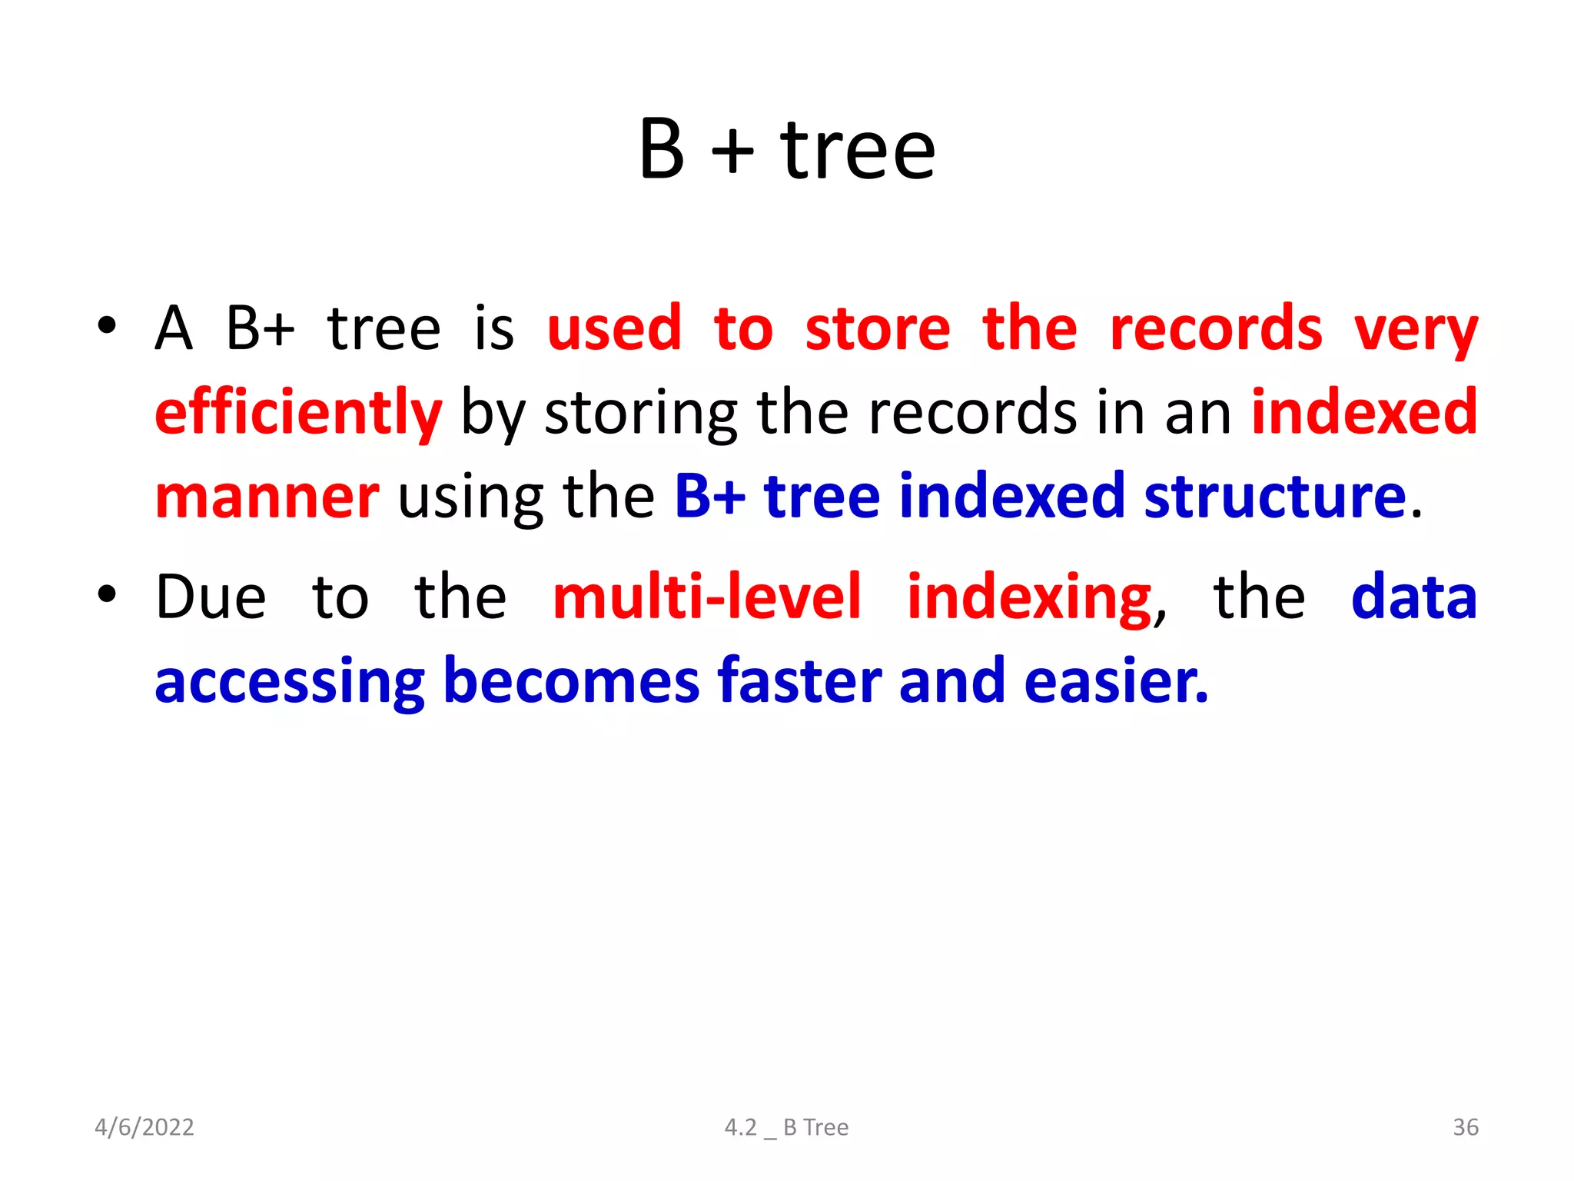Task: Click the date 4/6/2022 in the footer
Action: [x=144, y=1127]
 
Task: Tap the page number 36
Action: [x=1465, y=1127]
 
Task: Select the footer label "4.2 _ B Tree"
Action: [x=786, y=1127]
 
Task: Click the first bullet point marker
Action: [x=107, y=325]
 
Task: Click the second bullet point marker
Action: [x=107, y=594]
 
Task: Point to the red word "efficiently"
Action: [x=298, y=414]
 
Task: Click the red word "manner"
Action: [x=267, y=497]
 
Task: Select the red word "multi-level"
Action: [x=707, y=597]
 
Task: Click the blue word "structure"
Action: [x=1275, y=497]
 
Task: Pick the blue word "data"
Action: [x=1413, y=597]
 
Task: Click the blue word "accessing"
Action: [x=290, y=683]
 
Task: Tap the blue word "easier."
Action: [x=1116, y=681]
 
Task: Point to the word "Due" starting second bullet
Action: [x=211, y=597]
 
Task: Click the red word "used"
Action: [x=614, y=329]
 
